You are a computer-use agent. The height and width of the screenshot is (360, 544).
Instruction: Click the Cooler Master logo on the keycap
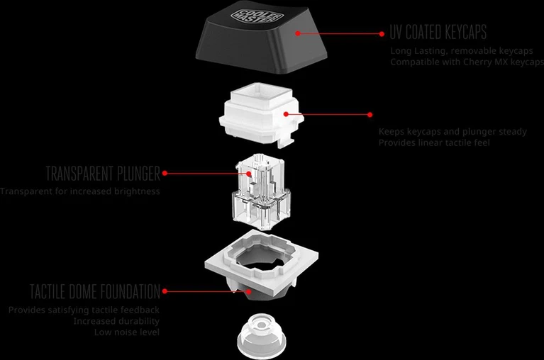(257, 16)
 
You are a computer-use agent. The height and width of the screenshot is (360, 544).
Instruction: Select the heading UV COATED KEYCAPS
(438, 32)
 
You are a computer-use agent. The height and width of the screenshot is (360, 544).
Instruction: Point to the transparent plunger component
(261, 191)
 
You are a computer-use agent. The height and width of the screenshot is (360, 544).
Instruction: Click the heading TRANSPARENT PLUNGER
(103, 174)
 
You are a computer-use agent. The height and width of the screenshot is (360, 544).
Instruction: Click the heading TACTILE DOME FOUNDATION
(95, 291)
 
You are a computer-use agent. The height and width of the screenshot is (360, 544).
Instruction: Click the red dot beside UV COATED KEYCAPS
(382, 34)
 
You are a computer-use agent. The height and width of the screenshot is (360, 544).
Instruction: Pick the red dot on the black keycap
(298, 33)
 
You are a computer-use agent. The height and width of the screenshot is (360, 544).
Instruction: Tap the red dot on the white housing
(286, 113)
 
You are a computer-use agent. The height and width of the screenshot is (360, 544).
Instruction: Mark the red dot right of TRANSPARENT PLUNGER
(165, 173)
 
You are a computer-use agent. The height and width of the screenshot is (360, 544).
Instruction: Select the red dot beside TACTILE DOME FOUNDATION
(165, 291)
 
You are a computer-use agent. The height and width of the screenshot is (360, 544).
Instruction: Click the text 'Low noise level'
(127, 332)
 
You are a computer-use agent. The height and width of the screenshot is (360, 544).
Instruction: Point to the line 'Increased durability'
(116, 321)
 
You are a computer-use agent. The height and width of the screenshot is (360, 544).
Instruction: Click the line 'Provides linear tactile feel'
(434, 142)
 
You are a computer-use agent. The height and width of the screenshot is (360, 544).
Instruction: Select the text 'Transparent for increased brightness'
(80, 191)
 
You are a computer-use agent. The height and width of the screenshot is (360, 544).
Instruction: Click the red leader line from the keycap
(340, 33)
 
